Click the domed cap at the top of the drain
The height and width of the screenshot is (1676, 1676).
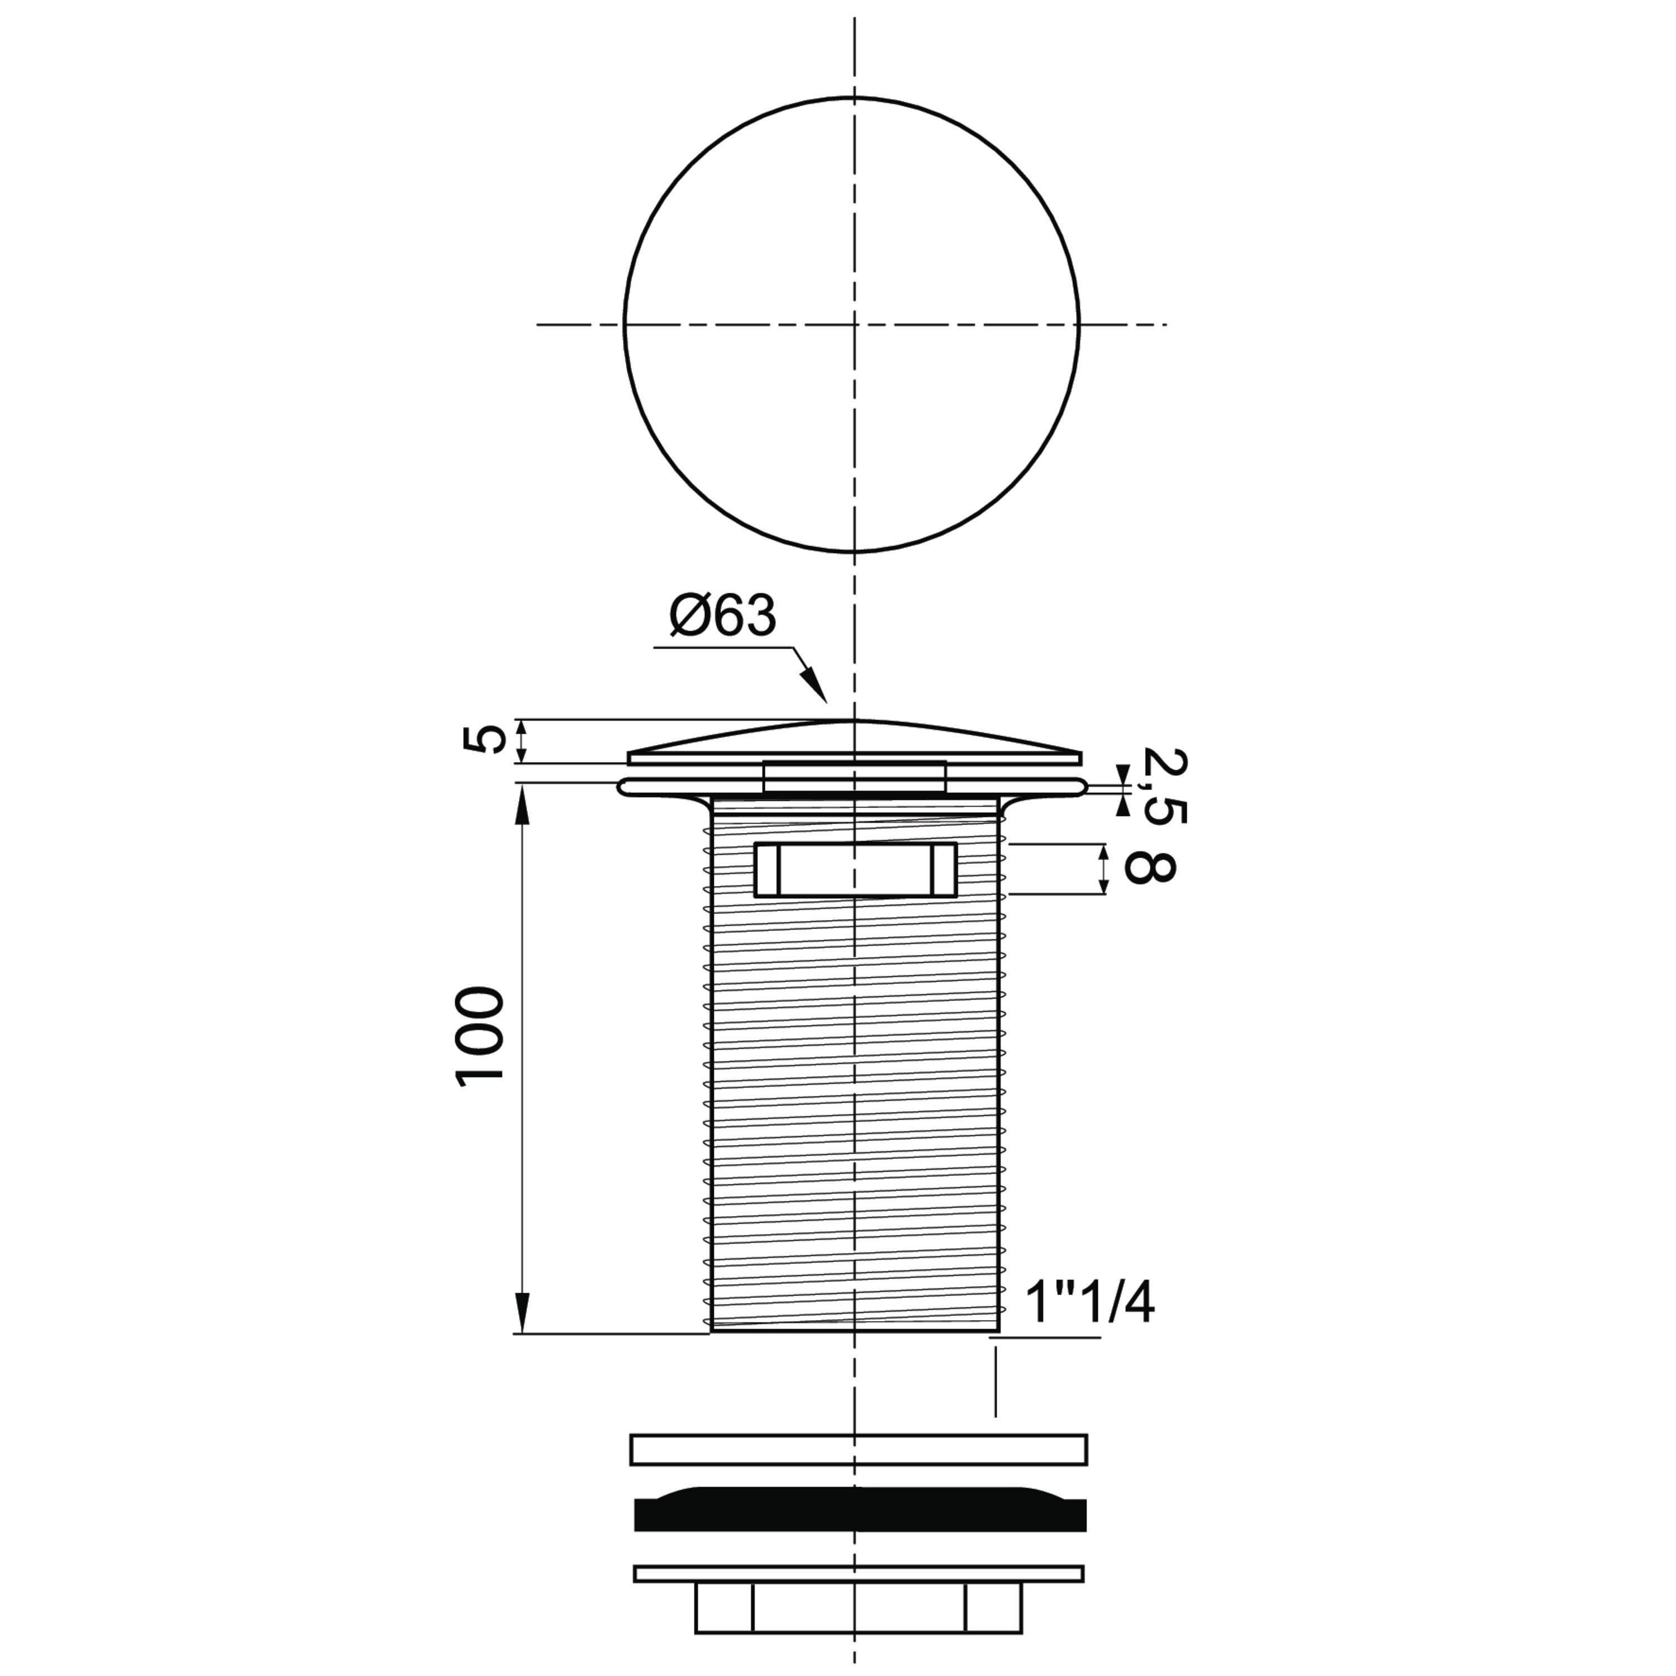(x=855, y=742)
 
